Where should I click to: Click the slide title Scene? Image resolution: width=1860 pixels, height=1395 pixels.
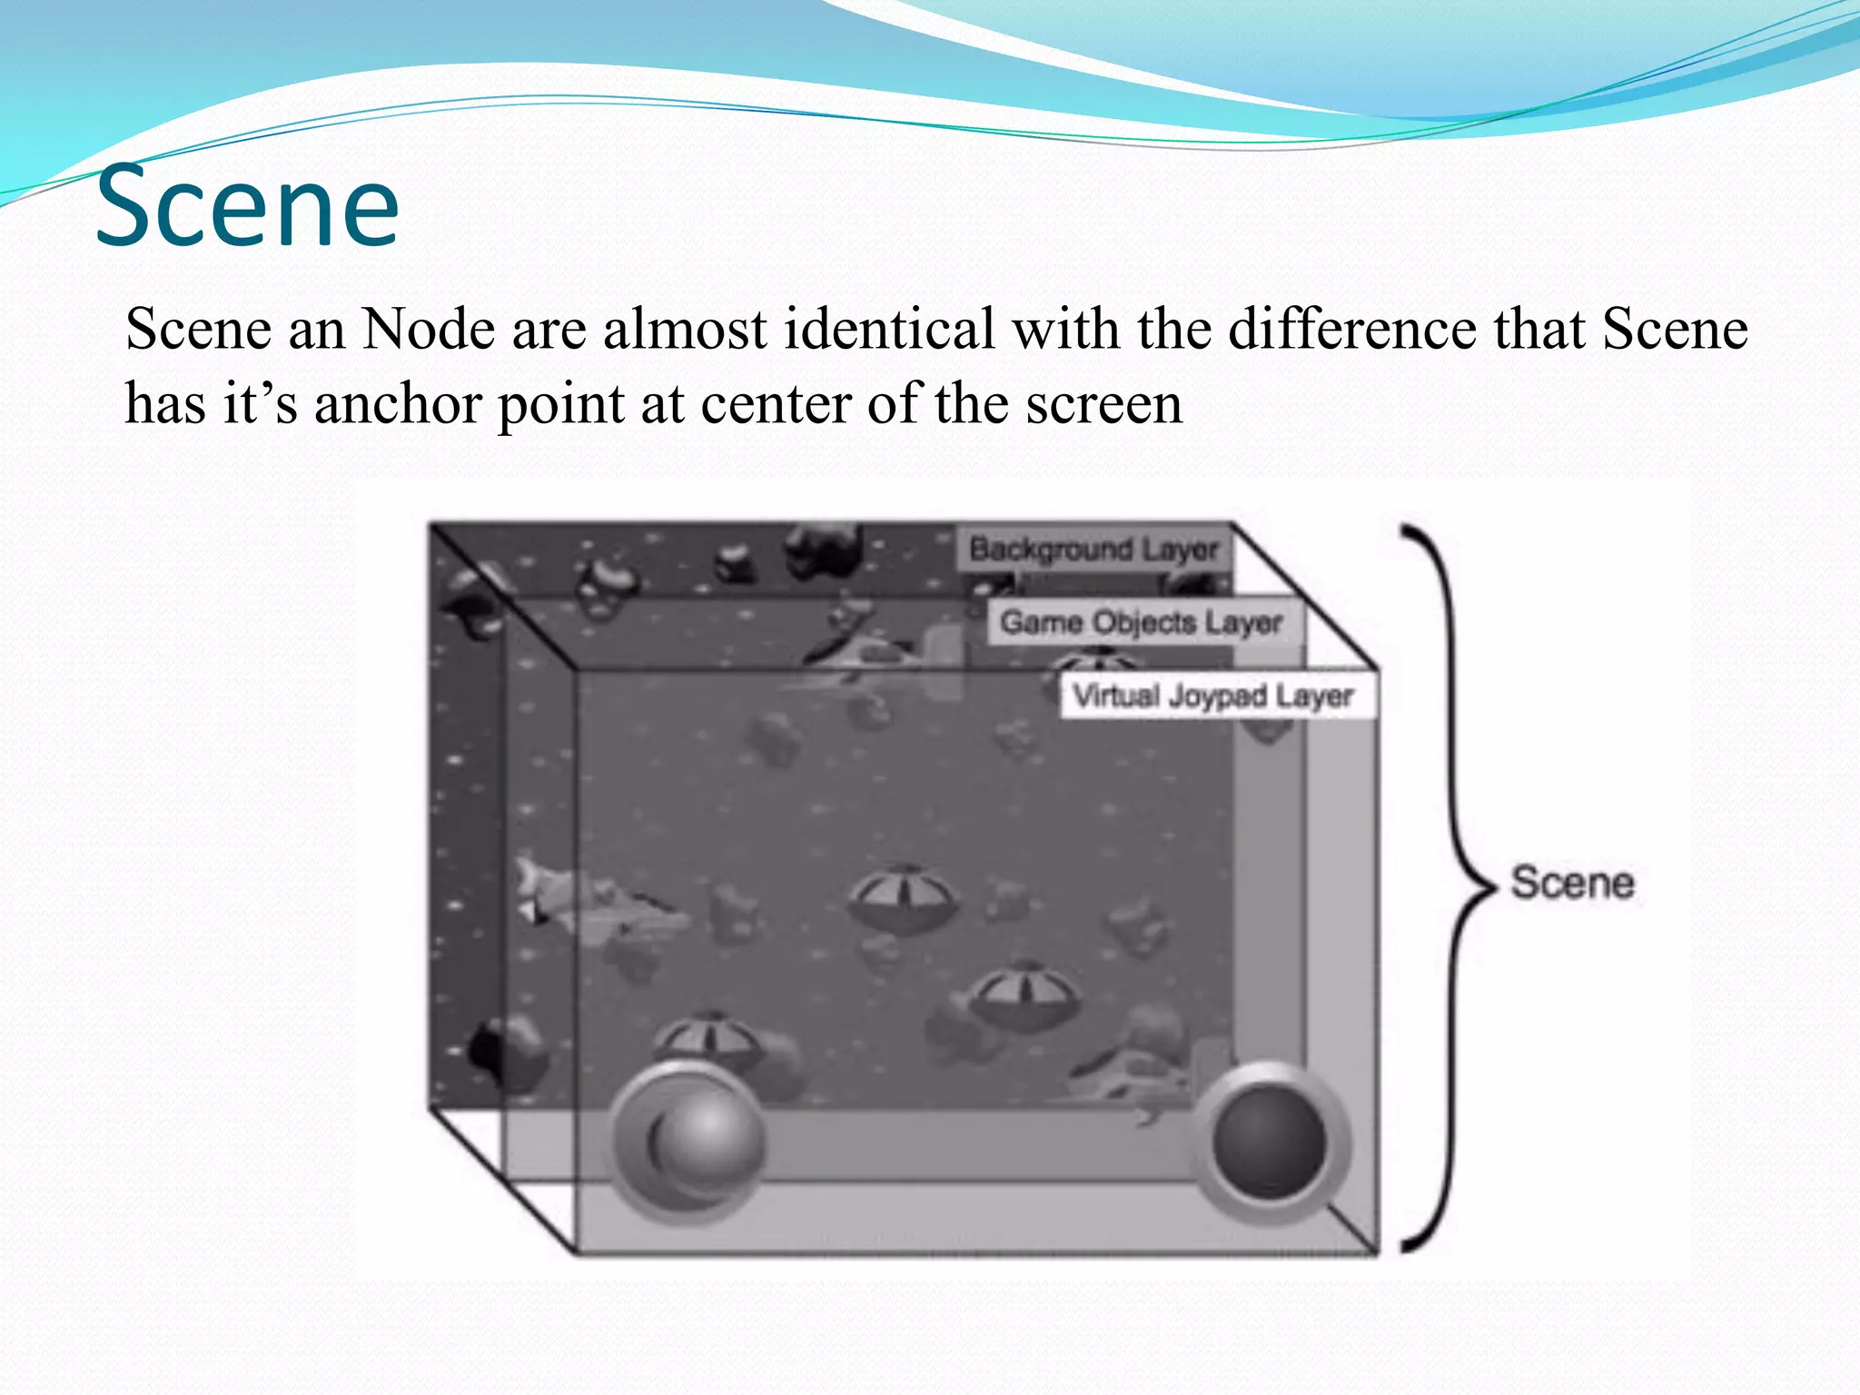(x=247, y=207)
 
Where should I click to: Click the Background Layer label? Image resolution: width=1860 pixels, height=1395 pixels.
(x=1093, y=549)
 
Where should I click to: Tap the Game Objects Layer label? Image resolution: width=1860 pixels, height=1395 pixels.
(x=1141, y=623)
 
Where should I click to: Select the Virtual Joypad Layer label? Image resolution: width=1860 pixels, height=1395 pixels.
(x=1212, y=697)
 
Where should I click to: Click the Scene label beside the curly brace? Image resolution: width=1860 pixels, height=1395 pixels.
(x=1572, y=883)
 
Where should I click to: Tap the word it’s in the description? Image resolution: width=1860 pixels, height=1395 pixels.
(x=261, y=404)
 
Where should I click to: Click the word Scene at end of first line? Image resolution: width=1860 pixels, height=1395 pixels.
(x=1675, y=329)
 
